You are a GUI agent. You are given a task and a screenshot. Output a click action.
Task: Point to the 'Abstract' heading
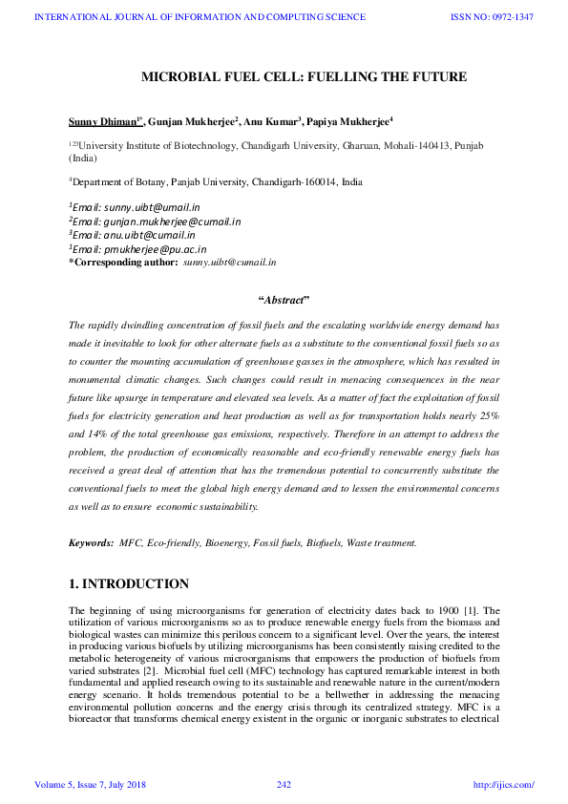[x=284, y=300]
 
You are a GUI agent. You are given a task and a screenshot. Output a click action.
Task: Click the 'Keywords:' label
[x=91, y=542]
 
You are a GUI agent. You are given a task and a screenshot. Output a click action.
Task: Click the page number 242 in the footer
[x=284, y=785]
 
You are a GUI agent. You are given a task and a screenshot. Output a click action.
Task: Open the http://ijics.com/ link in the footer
[x=504, y=785]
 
